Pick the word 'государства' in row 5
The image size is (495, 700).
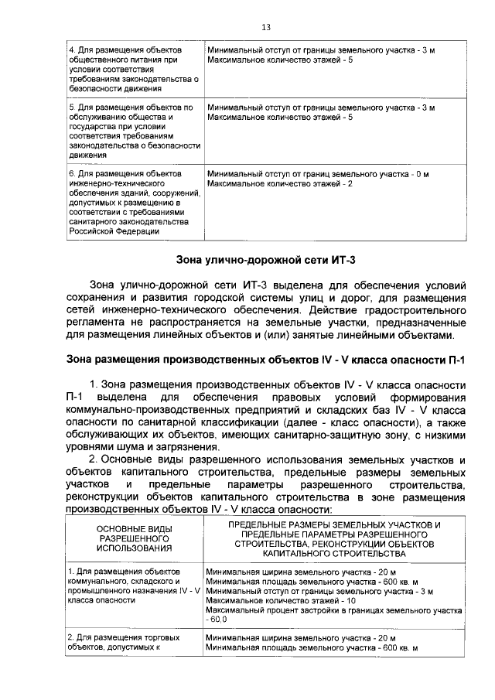pyautogui.click(x=91, y=127)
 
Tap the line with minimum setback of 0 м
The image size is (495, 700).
pyautogui.click(x=318, y=173)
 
